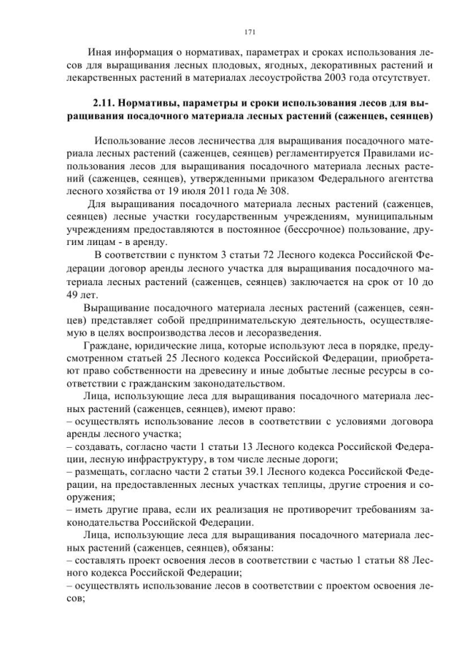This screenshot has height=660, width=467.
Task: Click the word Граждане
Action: (x=107, y=345)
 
